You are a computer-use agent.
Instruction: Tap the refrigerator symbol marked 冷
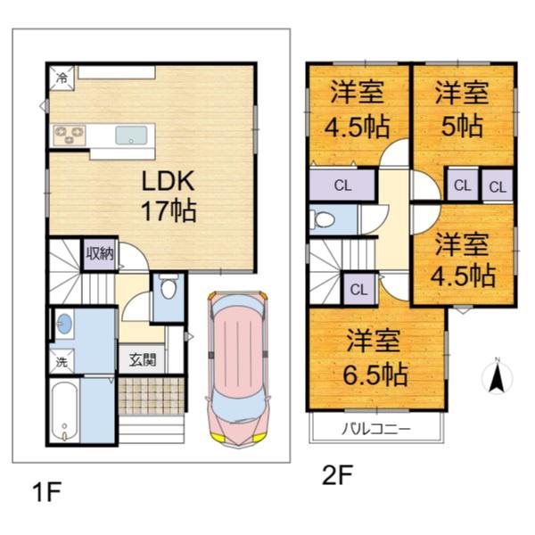click(x=62, y=78)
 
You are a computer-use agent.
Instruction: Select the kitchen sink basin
click(x=131, y=136)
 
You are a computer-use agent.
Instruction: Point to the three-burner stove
click(x=70, y=136)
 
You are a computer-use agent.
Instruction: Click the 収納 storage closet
click(x=100, y=254)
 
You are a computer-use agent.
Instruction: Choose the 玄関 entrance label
click(x=143, y=359)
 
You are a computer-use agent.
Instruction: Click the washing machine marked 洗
click(x=62, y=361)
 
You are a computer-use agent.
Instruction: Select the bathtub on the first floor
click(x=65, y=411)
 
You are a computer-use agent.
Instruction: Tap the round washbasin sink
click(x=64, y=324)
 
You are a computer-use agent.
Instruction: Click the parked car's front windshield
click(x=238, y=408)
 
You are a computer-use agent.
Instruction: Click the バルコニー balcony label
click(x=376, y=428)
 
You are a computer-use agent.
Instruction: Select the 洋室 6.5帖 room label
click(x=375, y=358)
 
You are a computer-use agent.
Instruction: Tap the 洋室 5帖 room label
click(x=462, y=109)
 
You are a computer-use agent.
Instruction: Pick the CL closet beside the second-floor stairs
click(x=359, y=289)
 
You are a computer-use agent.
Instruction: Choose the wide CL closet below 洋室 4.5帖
click(x=342, y=185)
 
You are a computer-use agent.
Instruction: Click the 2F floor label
click(x=337, y=475)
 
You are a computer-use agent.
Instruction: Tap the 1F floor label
click(x=46, y=492)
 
